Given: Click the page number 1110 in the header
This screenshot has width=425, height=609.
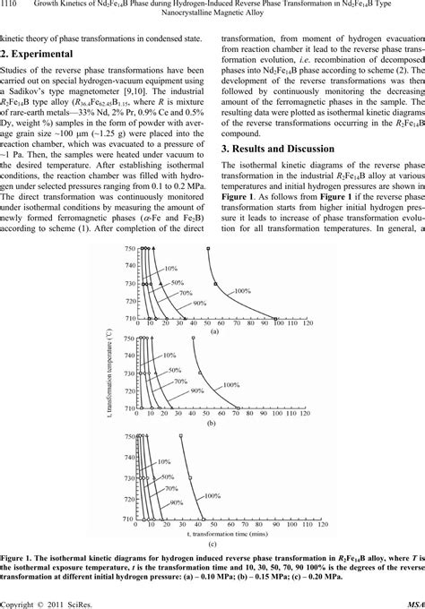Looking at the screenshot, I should (12, 6).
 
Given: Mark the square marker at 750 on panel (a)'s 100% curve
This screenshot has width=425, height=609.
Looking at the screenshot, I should (207, 248).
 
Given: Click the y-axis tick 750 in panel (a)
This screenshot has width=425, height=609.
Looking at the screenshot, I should (130, 248).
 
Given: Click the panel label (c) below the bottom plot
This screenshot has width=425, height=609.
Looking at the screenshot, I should (212, 542).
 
